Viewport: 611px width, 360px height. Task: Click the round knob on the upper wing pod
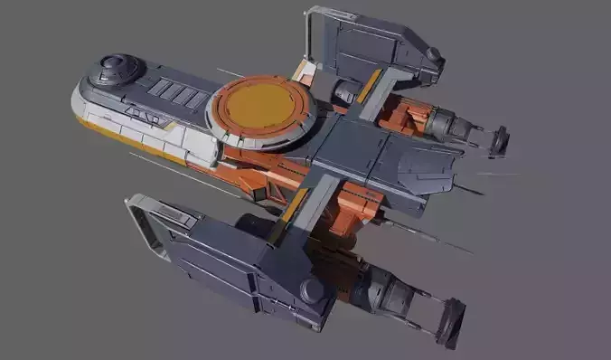tap(434, 54)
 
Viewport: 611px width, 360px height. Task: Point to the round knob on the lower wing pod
tap(312, 290)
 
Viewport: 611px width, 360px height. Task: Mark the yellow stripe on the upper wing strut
tap(370, 85)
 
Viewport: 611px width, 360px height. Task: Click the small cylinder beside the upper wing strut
tap(344, 90)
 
